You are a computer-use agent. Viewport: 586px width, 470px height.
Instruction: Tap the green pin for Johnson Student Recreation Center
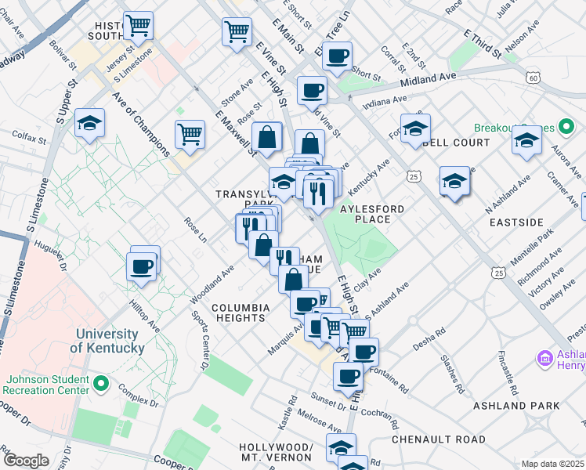(x=100, y=384)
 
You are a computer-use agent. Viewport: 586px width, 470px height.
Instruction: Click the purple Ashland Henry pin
(x=545, y=358)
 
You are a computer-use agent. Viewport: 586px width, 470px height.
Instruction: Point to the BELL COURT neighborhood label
(x=456, y=143)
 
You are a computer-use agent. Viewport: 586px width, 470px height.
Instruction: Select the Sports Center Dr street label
(x=199, y=340)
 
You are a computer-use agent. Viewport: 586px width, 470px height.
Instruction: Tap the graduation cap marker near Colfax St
(x=90, y=124)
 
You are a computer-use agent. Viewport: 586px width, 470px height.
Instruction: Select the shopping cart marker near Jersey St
(x=138, y=26)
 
